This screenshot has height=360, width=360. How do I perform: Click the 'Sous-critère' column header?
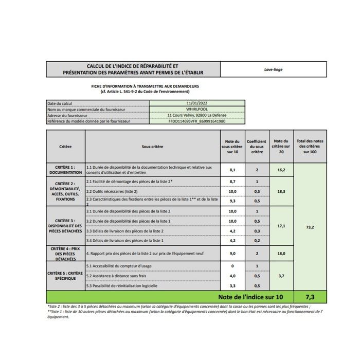[152, 147]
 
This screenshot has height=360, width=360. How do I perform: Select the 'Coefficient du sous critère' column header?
[257, 147]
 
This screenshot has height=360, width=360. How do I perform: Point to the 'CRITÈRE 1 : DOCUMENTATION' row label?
[66, 170]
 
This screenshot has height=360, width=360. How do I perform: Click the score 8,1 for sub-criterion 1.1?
[232, 169]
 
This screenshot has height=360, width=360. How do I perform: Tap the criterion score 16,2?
[281, 169]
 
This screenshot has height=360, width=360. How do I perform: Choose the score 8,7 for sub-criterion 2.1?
[232, 182]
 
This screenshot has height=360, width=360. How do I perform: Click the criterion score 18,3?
[281, 191]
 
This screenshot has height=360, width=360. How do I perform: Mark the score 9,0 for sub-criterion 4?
[232, 254]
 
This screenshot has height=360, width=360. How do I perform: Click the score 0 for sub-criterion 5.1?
[232, 266]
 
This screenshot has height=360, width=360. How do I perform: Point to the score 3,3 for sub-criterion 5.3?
[232, 285]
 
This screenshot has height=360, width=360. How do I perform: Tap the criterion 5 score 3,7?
[281, 276]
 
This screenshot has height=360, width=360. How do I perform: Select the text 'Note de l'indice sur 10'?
[250, 297]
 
